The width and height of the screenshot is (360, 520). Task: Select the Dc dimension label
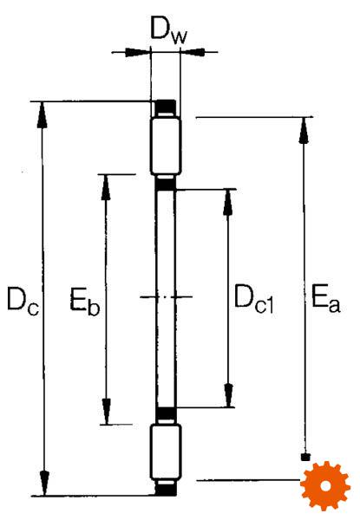tap(23, 300)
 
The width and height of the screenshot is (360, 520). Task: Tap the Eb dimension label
tap(84, 301)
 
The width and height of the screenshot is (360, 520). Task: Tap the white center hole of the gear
tap(326, 486)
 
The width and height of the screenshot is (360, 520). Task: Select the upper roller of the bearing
tap(166, 146)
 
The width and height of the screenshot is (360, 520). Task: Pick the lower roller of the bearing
tap(166, 452)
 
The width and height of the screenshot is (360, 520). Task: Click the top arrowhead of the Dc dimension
tap(42, 114)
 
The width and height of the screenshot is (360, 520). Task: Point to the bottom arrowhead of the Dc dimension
tap(45, 483)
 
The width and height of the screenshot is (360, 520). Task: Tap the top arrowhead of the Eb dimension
tap(106, 187)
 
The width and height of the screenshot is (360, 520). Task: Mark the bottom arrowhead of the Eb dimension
tap(106, 411)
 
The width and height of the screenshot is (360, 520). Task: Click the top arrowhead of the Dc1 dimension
tap(228, 202)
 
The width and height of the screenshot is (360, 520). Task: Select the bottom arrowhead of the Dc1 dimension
tap(229, 395)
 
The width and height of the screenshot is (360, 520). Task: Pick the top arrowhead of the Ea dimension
tap(303, 130)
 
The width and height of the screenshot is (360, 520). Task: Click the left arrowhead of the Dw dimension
tap(137, 52)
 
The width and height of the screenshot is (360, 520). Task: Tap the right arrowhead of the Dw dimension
tap(193, 52)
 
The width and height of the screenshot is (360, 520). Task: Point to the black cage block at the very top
tap(166, 107)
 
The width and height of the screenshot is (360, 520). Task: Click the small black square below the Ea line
tap(305, 458)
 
